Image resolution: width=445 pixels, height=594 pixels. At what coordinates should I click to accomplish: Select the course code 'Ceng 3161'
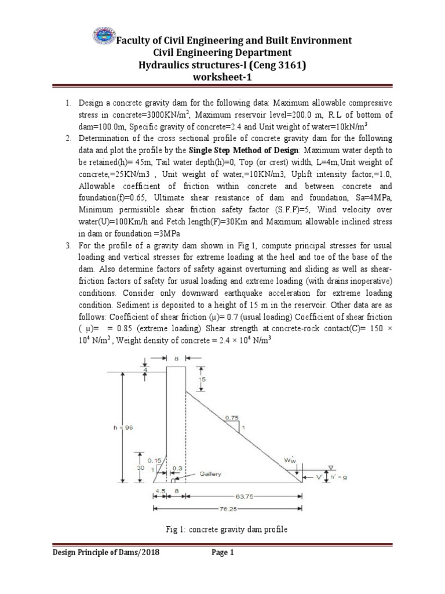(280, 66)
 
